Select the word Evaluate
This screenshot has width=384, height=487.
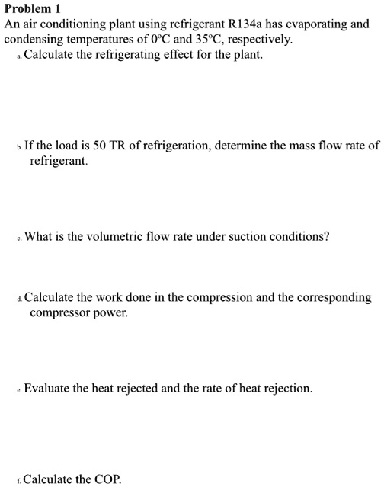(x=49, y=389)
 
